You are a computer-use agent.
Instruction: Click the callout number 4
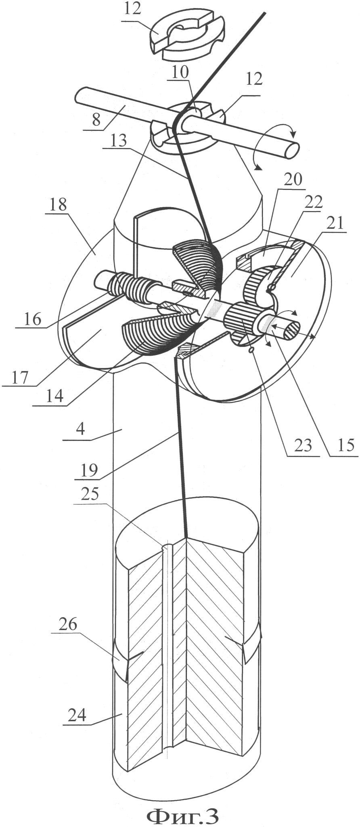[80, 429]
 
